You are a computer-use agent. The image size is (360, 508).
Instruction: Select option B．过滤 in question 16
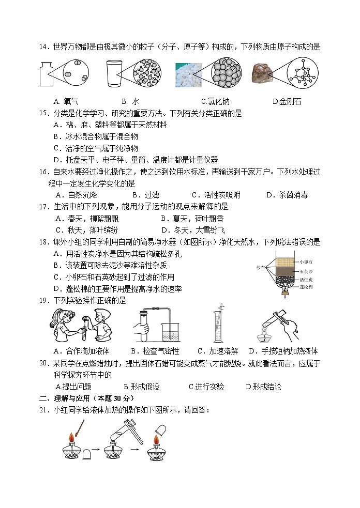pos(145,195)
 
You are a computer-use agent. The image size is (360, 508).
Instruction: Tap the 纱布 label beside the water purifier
pos(260,267)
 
